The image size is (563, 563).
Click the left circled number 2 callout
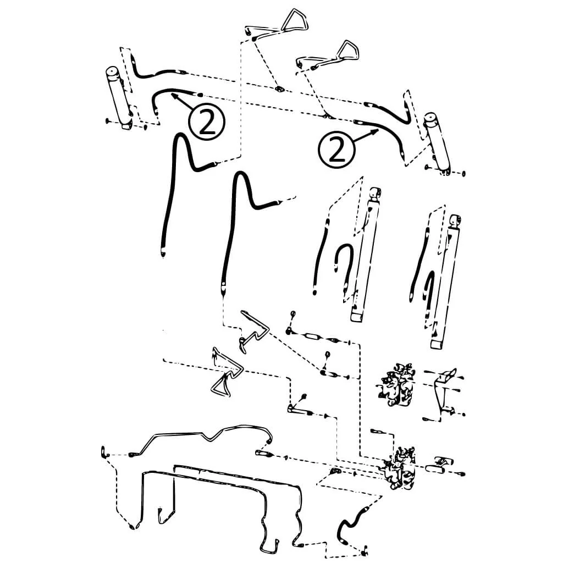(207, 122)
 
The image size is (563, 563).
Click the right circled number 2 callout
(336, 150)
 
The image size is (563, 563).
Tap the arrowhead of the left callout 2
(174, 96)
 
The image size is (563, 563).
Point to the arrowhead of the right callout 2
(375, 132)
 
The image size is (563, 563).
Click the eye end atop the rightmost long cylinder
(456, 222)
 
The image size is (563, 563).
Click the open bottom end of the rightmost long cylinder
(437, 345)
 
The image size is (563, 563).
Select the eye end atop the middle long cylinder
(375, 194)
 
